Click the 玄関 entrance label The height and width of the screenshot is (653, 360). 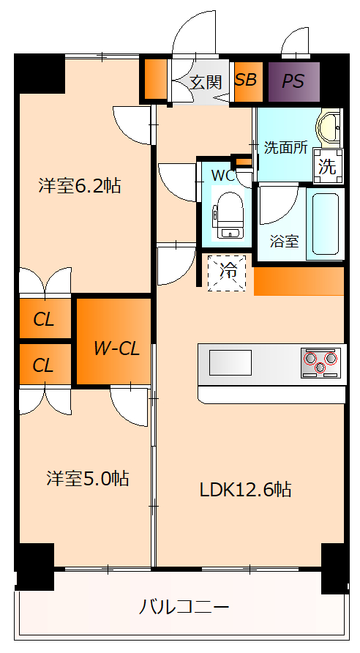click(206, 81)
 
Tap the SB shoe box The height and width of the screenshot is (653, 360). click(247, 80)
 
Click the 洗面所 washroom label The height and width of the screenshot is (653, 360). click(285, 147)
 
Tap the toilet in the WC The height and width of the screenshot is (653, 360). click(226, 213)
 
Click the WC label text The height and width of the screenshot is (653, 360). click(222, 176)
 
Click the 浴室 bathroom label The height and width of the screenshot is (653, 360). click(284, 241)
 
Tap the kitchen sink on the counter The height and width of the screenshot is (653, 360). click(230, 362)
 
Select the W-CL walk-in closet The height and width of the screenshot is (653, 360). click(116, 348)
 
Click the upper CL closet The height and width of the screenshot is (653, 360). click(43, 319)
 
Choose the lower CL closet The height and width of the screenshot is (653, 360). click(43, 365)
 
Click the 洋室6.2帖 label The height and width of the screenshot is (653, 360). click(80, 185)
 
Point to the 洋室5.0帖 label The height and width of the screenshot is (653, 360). click(88, 479)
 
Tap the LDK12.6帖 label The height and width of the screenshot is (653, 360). click(246, 489)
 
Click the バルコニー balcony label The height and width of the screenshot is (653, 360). click(184, 607)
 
